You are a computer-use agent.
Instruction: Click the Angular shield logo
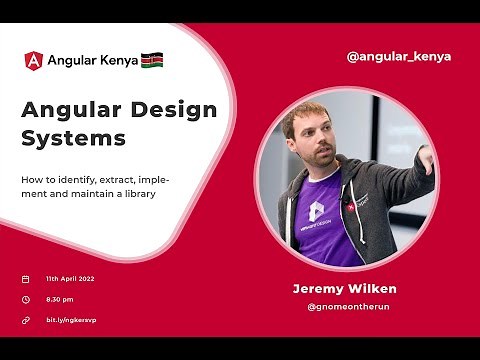[x=33, y=60]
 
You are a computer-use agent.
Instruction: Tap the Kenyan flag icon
[x=152, y=60]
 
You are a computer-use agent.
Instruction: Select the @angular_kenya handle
[x=398, y=56]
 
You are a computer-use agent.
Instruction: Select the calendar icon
[x=25, y=279]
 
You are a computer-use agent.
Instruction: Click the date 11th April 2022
[x=71, y=279]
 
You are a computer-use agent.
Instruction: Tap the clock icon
[x=25, y=299]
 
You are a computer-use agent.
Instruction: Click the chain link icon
[x=25, y=320]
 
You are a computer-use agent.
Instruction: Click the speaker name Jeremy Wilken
[x=344, y=289]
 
